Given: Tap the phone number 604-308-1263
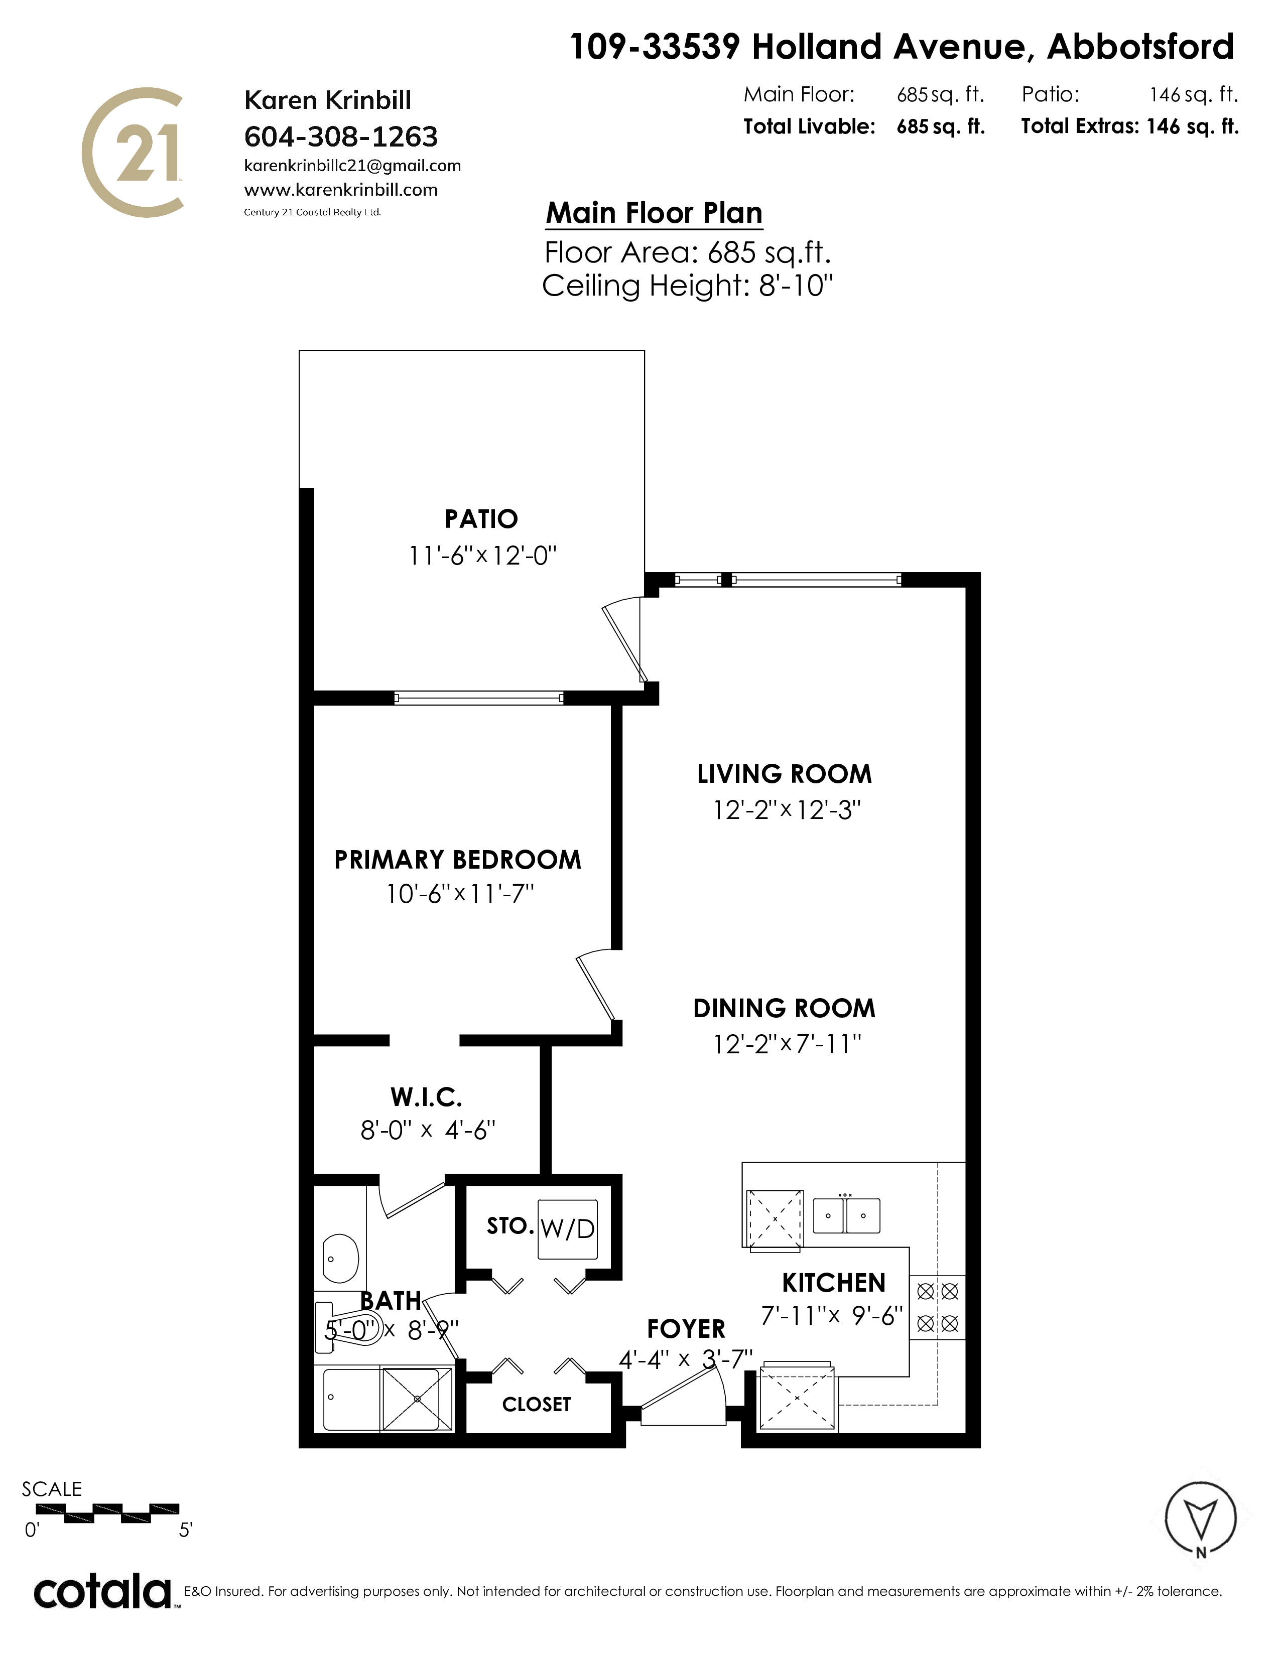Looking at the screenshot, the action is tap(341, 136).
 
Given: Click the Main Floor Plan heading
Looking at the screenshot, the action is tap(655, 213).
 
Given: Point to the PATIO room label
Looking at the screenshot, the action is tap(481, 519).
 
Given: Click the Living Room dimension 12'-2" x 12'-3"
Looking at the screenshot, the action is tap(787, 810).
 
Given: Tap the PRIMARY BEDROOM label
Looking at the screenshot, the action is tap(458, 859).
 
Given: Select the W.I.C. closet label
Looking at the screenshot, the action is tap(426, 1096).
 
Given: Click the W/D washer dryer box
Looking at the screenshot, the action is tap(567, 1229).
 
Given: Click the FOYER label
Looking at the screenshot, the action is tap(686, 1329).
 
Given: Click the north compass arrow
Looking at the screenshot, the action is tap(1200, 1520).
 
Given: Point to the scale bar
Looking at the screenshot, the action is tap(108, 1512).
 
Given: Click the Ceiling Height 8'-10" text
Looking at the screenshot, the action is tap(688, 286).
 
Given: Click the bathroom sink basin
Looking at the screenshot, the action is tap(340, 1258).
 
